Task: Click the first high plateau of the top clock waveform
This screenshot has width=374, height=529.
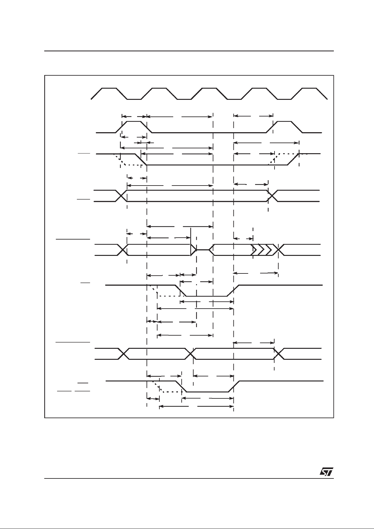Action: tap(109, 88)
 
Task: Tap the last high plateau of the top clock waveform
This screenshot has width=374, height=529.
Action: tap(309, 88)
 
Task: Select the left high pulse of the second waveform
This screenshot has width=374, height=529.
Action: tap(134, 127)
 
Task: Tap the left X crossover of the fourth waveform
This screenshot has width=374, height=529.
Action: tap(121, 196)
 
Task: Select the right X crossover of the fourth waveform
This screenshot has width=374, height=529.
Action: tap(272, 196)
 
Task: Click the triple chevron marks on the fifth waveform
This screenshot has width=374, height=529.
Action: tap(262, 250)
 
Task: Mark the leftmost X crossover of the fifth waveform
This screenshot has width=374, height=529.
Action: tap(123, 250)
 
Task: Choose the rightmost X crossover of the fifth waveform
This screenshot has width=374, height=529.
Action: tap(279, 250)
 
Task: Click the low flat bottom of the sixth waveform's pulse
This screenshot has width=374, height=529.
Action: tap(207, 296)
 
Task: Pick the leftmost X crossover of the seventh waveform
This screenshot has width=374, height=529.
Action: tap(124, 354)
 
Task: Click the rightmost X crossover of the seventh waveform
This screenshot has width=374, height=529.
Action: tap(279, 354)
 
